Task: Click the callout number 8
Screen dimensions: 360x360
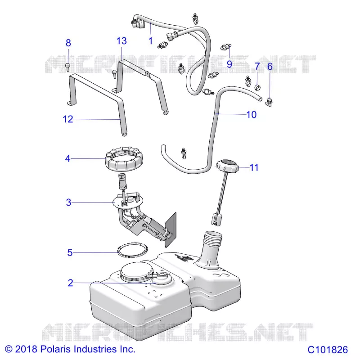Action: point(68,43)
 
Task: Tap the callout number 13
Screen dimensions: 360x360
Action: point(121,41)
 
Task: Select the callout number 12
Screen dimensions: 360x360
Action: point(68,119)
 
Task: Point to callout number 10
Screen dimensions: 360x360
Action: point(251,115)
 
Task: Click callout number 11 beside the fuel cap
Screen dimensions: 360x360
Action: point(254,167)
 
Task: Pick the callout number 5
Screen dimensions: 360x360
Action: point(70,252)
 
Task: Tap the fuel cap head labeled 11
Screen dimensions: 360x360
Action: point(227,165)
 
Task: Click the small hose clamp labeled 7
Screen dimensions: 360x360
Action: point(257,87)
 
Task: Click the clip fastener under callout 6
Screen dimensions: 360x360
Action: point(269,102)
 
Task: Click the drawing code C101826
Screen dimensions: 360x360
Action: point(328,350)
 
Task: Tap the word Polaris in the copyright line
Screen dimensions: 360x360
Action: point(56,349)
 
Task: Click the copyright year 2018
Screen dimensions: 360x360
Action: point(26,349)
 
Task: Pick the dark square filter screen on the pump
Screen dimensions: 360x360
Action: point(171,230)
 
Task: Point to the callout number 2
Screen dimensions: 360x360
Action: point(71,283)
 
